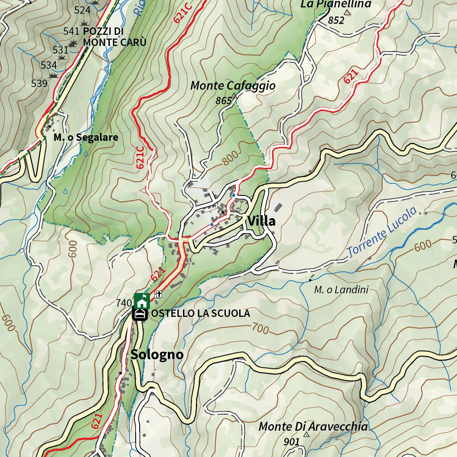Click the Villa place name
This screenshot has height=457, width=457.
[262, 221]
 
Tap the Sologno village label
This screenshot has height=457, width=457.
[157, 354]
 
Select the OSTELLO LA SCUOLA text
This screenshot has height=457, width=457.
[200, 313]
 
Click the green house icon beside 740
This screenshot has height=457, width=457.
[141, 301]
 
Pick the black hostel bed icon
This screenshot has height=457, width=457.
[140, 314]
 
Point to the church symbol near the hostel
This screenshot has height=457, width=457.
[158, 294]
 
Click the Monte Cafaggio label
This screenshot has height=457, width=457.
[233, 85]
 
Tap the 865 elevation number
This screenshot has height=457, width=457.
[223, 101]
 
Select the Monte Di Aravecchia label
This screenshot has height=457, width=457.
[313, 427]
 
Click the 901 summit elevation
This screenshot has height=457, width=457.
[291, 442]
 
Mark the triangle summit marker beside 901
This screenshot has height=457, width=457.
[306, 434]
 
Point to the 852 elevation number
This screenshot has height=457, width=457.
[336, 20]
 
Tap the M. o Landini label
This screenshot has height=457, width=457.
[341, 290]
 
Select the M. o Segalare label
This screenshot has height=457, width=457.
[86, 137]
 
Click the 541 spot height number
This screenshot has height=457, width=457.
[71, 31]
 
